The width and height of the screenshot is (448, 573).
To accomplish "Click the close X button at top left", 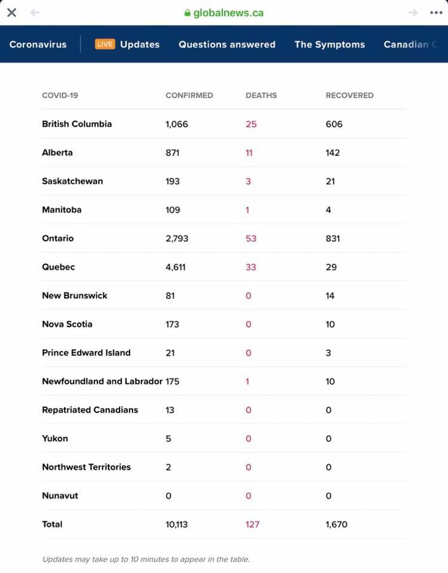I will tap(11, 13).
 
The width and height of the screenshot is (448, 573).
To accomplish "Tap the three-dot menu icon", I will tap(436, 13).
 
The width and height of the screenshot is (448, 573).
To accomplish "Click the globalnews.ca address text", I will tap(228, 13).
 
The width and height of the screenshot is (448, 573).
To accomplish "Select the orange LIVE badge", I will tap(105, 44).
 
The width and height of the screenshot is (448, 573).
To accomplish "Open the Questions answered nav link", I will tap(227, 44).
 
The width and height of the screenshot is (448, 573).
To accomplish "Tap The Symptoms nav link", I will tap(330, 44).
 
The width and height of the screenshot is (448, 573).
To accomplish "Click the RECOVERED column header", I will tap(349, 95).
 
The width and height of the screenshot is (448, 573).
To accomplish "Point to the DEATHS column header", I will tap(261, 95).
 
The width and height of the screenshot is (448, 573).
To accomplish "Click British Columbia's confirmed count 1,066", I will tap(177, 124).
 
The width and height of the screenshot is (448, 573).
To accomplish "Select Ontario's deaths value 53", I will tap(251, 238).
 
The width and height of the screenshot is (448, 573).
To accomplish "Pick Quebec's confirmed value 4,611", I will tap(176, 267).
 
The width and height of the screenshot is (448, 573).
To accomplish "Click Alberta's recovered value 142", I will tap(333, 153).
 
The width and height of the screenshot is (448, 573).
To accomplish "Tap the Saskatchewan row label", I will tap(72, 181).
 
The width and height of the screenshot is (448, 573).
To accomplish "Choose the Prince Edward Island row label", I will tap(86, 353).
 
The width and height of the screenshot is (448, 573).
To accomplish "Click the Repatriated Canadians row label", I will tap(90, 410).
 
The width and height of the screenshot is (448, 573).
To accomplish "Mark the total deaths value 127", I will tap(253, 525).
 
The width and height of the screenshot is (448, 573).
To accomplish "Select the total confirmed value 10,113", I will tap(177, 525).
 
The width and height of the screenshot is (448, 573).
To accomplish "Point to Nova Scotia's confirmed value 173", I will tap(173, 324).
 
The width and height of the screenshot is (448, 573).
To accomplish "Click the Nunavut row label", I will tap(60, 495).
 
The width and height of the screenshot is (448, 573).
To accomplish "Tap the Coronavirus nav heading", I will tap(38, 44).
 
